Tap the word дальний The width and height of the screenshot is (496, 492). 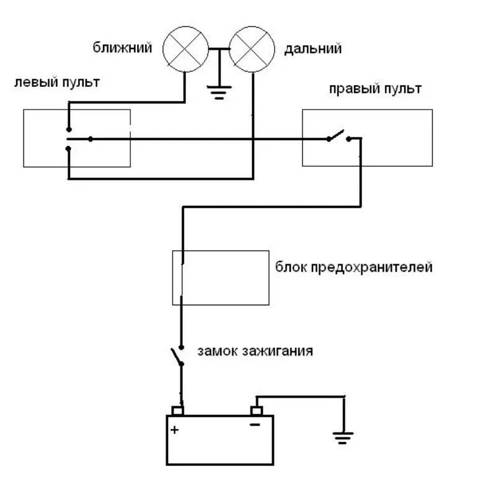point(312,48)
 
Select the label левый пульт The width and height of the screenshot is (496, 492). point(56,82)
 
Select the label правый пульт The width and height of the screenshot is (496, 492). point(375,89)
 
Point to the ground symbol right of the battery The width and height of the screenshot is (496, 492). point(341,438)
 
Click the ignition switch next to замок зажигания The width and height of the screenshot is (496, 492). point(177,357)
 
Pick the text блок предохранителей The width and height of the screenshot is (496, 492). point(353,268)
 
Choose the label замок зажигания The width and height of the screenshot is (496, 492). point(255,351)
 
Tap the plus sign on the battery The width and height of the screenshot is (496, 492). point(175,429)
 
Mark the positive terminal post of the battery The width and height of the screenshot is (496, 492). point(178,411)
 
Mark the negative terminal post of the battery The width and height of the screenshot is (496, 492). point(255,411)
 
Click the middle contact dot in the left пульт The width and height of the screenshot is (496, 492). point(91,139)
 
